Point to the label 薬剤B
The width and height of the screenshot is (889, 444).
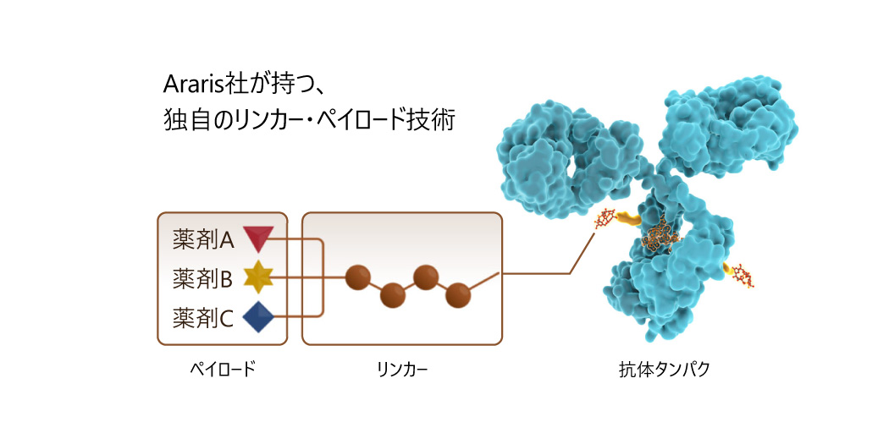coord(202,278)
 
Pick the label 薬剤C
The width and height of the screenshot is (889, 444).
coord(203,317)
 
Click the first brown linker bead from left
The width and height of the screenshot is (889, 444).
coord(358,276)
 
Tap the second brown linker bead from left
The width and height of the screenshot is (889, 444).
coord(392,296)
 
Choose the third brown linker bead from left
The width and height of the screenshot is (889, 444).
coord(425,277)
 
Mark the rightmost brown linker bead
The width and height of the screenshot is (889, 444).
coord(458,294)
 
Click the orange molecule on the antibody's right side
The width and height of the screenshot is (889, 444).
coord(743,275)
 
